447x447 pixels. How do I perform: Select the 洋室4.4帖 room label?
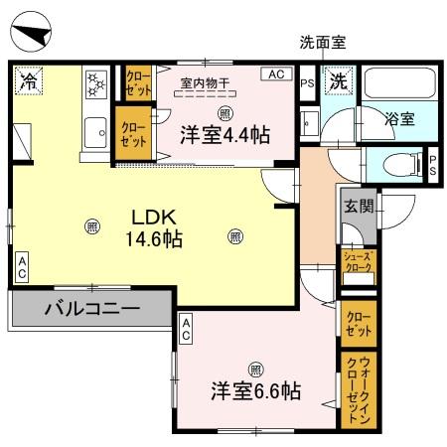224,134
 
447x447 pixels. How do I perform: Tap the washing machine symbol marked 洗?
339,81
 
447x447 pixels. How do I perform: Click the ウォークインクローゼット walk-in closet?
357,390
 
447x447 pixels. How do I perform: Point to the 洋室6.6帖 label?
255,390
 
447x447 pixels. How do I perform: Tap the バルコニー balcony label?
90,309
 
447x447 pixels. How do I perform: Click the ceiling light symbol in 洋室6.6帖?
255,366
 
